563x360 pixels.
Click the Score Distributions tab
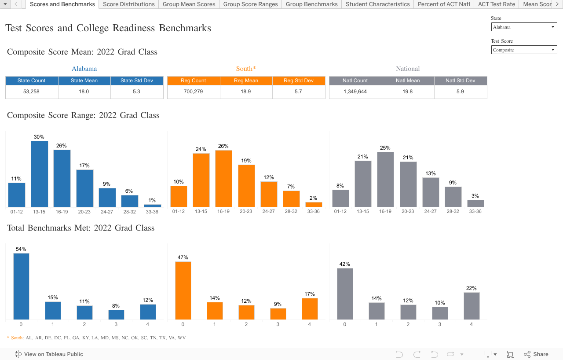tap(128, 4)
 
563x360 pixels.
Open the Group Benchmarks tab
tap(311, 4)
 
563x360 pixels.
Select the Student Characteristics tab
tap(377, 4)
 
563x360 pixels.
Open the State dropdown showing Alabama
tap(524, 27)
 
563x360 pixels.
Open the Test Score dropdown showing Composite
tap(524, 50)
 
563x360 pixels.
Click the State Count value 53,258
tap(32, 92)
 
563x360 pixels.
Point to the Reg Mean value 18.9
tap(246, 92)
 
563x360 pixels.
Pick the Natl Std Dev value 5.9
tap(460, 92)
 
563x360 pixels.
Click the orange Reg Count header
tap(193, 81)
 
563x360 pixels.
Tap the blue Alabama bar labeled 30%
tap(40, 174)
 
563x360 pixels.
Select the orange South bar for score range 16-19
tap(223, 178)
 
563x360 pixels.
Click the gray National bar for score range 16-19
tap(385, 179)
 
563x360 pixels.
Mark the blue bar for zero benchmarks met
tap(21, 286)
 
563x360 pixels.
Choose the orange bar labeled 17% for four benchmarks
tap(310, 309)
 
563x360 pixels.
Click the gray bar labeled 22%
tap(472, 306)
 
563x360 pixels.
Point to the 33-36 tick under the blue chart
tap(152, 212)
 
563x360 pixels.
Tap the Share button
tap(536, 354)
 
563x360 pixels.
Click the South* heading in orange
tap(246, 69)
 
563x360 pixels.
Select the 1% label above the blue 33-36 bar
tap(152, 200)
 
